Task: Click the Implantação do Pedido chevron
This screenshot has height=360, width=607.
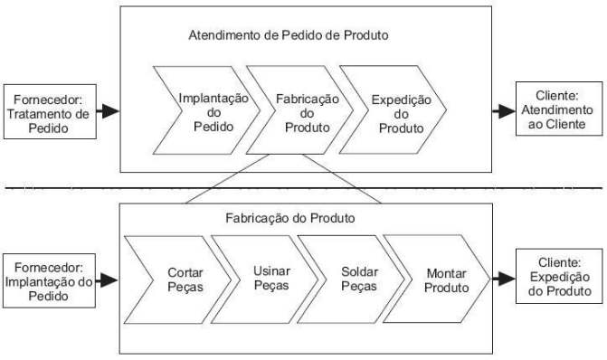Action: pos(207,111)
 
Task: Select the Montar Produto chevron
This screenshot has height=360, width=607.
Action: pos(442,279)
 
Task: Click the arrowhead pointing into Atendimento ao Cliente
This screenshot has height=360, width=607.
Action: pos(503,111)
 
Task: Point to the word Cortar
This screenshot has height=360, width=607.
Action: pos(185,271)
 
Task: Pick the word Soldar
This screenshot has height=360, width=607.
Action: pos(358,271)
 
